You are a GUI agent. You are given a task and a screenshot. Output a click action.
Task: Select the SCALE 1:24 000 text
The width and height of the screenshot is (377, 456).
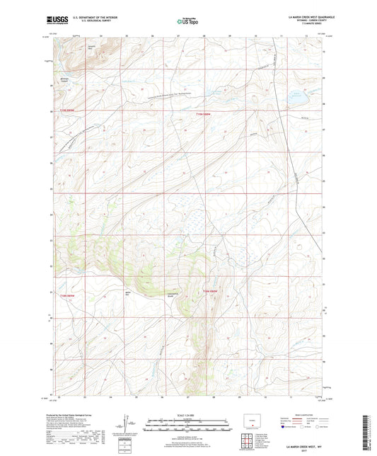coord(188,414)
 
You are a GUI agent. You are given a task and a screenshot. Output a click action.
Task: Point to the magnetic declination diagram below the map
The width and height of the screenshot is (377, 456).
coord(133,426)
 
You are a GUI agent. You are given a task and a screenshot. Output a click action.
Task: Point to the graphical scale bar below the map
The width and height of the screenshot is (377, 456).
coord(188,426)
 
